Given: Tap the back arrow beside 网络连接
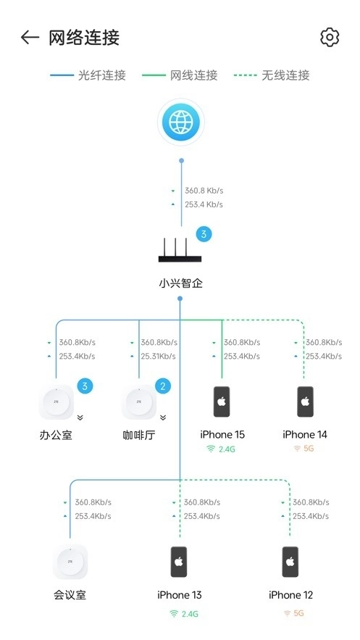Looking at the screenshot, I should (x=30, y=38).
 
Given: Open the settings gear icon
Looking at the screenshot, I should (x=330, y=38).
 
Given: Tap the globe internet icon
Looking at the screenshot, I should (x=180, y=122).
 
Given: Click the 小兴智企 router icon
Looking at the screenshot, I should (x=180, y=252).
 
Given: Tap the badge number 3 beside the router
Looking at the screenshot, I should (x=204, y=234).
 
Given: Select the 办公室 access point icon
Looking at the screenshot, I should (x=56, y=402).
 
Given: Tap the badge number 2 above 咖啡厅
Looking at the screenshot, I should (x=163, y=386).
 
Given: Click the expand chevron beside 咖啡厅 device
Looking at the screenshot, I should (x=163, y=417).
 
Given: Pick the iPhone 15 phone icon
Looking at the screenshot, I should (x=222, y=402).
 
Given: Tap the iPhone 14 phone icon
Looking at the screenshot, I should (x=305, y=402).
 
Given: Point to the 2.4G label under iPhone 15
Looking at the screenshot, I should (x=222, y=449).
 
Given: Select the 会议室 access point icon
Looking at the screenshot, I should (x=70, y=562).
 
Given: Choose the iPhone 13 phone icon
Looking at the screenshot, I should (x=179, y=562).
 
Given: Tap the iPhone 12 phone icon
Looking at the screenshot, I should (x=290, y=562).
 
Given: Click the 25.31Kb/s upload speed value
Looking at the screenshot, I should (x=158, y=356).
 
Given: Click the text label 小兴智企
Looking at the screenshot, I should (x=180, y=283).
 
